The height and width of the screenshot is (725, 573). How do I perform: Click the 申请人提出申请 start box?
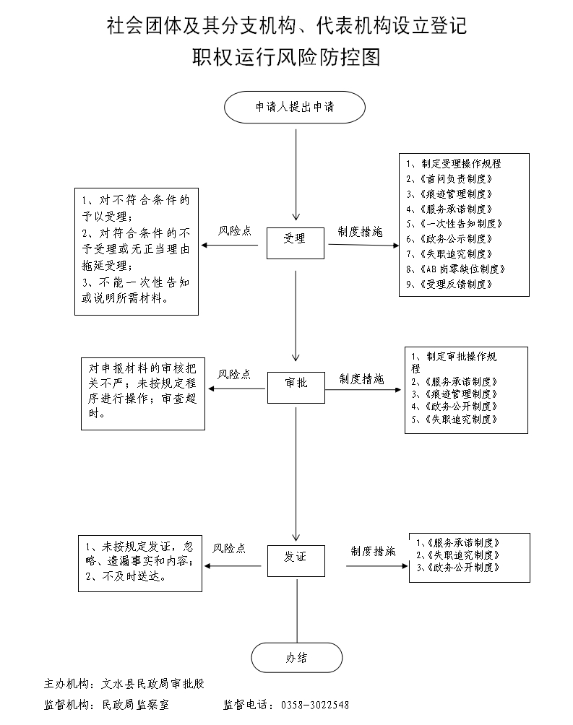pyautogui.click(x=294, y=107)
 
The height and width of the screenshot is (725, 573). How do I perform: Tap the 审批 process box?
pyautogui.click(x=296, y=383)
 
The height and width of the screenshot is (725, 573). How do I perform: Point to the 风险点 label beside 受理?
pyautogui.click(x=235, y=232)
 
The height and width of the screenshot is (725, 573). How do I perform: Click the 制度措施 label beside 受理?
pyautogui.click(x=360, y=232)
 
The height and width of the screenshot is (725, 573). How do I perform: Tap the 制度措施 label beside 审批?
pyautogui.click(x=361, y=378)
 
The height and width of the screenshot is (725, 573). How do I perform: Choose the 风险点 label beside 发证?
pyautogui.click(x=229, y=549)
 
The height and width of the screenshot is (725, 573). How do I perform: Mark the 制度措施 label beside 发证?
pyautogui.click(x=373, y=551)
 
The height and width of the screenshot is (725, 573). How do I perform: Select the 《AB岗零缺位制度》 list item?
pyautogui.click(x=454, y=269)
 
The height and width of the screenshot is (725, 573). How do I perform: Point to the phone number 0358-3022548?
pyautogui.click(x=314, y=705)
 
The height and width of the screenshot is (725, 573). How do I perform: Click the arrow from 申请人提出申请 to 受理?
pyautogui.click(x=296, y=173)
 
